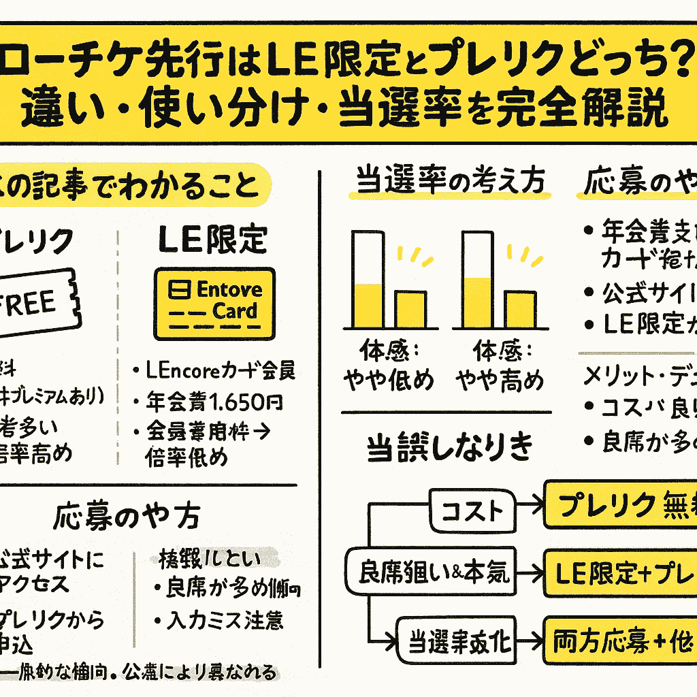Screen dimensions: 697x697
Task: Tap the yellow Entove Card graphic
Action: click(x=214, y=303)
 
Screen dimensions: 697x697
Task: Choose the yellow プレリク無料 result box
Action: click(x=620, y=504)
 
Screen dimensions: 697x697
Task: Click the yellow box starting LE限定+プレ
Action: click(x=620, y=574)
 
